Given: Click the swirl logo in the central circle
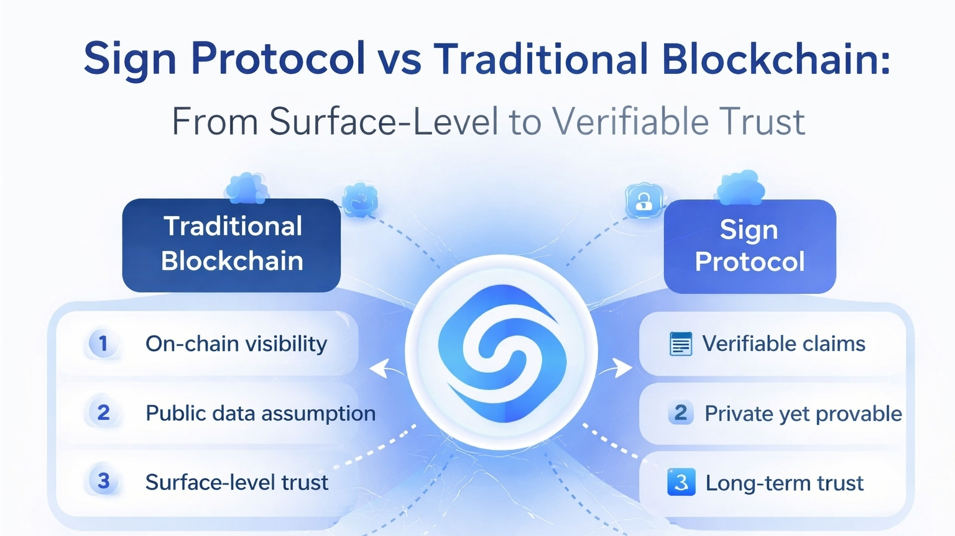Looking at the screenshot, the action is (x=502, y=353).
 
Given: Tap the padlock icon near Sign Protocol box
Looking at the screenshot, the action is (x=644, y=202).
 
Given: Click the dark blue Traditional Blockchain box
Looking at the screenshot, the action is (x=231, y=245).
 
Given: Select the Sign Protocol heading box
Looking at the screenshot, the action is (x=750, y=247).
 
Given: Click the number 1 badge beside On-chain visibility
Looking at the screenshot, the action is (x=103, y=343).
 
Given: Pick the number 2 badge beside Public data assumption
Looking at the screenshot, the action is (x=103, y=412).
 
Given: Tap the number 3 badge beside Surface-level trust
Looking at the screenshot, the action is (x=103, y=481).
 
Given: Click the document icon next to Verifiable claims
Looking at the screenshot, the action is (x=681, y=343).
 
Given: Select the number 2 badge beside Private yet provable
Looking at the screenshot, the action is (x=680, y=412).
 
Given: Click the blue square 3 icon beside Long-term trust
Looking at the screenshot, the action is (x=681, y=482).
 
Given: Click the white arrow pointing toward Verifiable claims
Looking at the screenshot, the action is (x=616, y=368).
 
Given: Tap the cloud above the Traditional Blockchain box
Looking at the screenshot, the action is (x=247, y=188).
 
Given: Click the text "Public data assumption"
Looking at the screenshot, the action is (x=261, y=414).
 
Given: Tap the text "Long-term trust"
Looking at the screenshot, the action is (x=785, y=483).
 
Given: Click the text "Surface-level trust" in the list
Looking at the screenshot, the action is (x=237, y=483).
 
